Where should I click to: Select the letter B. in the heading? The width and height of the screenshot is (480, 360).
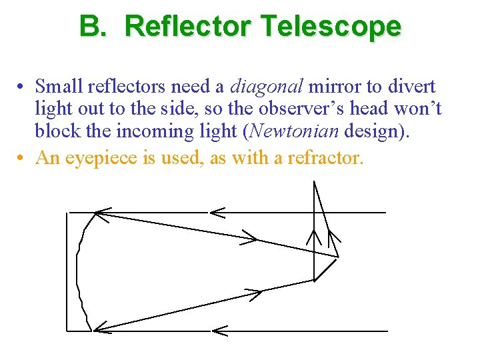click(96, 27)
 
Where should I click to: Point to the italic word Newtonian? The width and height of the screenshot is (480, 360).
click(294, 131)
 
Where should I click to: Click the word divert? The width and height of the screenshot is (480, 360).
click(411, 87)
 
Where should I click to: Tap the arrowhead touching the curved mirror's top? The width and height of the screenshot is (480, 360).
click(102, 213)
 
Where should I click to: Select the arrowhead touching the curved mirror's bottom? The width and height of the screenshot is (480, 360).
click(101, 327)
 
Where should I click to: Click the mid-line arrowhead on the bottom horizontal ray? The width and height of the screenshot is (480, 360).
click(219, 331)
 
